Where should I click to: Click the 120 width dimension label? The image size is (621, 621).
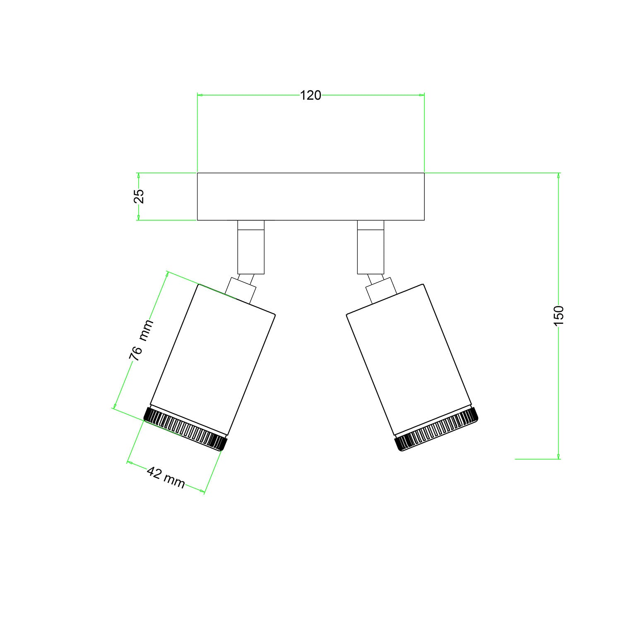tap(310, 96)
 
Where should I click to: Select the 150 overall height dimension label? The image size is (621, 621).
tap(559, 315)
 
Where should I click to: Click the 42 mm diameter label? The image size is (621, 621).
tap(166, 478)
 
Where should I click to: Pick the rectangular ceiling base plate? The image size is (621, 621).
tap(310, 196)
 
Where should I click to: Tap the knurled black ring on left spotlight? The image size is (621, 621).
tap(185, 428)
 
